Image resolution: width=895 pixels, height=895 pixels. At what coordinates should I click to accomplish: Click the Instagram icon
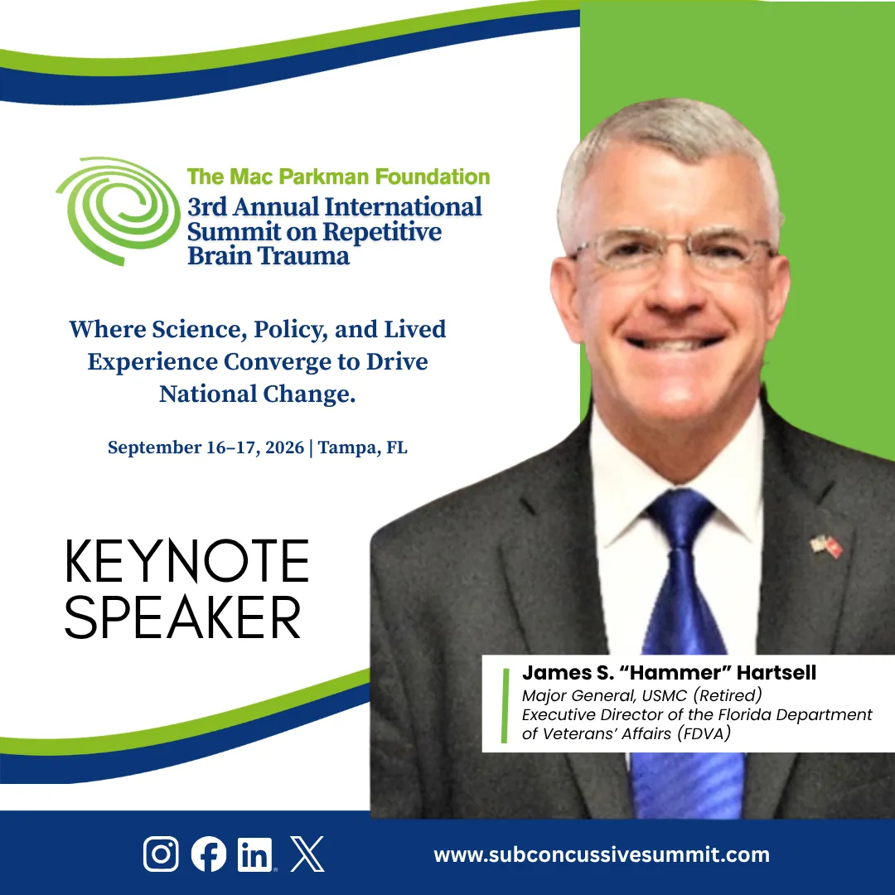pyautogui.click(x=161, y=854)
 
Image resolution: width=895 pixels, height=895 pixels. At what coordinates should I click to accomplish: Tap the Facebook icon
pyautogui.click(x=208, y=854)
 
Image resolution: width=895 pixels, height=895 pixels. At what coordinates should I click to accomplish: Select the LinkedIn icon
pyautogui.click(x=256, y=854)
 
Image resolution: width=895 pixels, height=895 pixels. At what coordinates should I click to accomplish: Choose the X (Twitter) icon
pyautogui.click(x=307, y=854)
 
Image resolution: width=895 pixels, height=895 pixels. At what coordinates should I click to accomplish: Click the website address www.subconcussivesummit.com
pyautogui.click(x=602, y=855)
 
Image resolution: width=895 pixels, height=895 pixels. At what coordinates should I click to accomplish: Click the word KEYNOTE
pyautogui.click(x=186, y=561)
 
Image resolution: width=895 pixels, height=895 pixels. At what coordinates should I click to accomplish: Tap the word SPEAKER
pyautogui.click(x=182, y=617)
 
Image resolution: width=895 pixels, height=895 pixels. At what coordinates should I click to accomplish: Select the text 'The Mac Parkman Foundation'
pyautogui.click(x=338, y=177)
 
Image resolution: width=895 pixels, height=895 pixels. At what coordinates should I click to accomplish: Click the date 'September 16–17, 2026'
pyautogui.click(x=206, y=447)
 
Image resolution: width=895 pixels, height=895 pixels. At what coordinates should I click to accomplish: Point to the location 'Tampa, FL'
pyautogui.click(x=362, y=447)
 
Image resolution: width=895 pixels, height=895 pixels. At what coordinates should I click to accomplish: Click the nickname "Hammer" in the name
pyautogui.click(x=675, y=672)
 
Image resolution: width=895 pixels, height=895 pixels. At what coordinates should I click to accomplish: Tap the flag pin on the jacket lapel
pyautogui.click(x=826, y=546)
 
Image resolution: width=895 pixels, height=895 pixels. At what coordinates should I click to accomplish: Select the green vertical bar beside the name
pyautogui.click(x=505, y=705)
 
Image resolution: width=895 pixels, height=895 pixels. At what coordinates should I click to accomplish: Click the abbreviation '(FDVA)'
pyautogui.click(x=704, y=733)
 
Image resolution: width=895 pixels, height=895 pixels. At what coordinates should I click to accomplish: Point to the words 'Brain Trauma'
pyautogui.click(x=268, y=256)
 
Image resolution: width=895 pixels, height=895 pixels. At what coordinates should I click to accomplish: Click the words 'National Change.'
pyautogui.click(x=258, y=394)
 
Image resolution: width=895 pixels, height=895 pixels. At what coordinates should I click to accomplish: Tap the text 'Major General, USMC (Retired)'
pyautogui.click(x=642, y=696)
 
